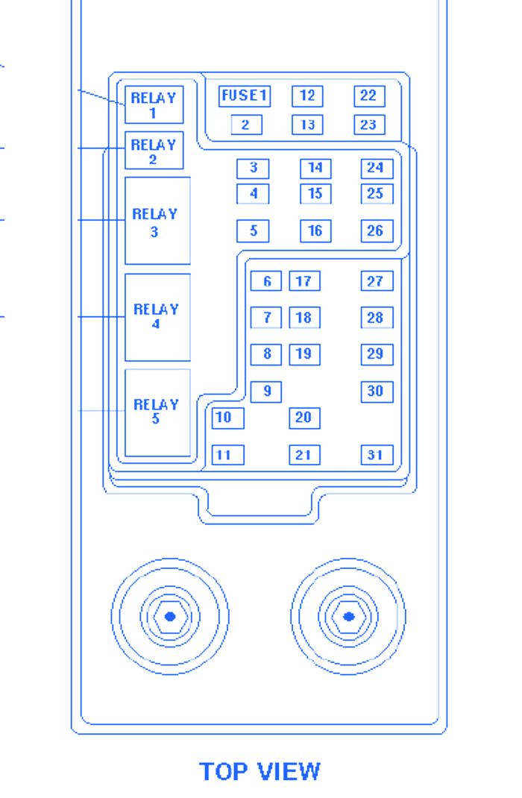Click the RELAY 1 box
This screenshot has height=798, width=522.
[154, 104]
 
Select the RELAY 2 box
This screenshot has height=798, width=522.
[154, 151]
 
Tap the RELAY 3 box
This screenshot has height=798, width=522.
[157, 221]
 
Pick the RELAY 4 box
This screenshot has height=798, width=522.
[157, 316]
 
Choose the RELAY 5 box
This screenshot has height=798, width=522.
[157, 412]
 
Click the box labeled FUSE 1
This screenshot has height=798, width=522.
[245, 96]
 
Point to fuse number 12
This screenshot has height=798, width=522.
[307, 96]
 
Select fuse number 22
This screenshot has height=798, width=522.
[369, 96]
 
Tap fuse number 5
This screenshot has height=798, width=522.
[253, 231]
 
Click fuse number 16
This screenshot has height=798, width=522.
[315, 231]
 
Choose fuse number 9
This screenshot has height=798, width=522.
[266, 391]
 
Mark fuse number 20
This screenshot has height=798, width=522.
[304, 418]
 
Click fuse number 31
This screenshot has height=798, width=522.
[377, 455]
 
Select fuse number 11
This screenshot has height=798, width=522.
[227, 455]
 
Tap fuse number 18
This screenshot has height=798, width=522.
[304, 318]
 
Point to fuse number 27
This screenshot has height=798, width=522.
[377, 281]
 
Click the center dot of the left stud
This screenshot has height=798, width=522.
[170, 617]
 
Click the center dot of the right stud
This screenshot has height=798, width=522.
[348, 617]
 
